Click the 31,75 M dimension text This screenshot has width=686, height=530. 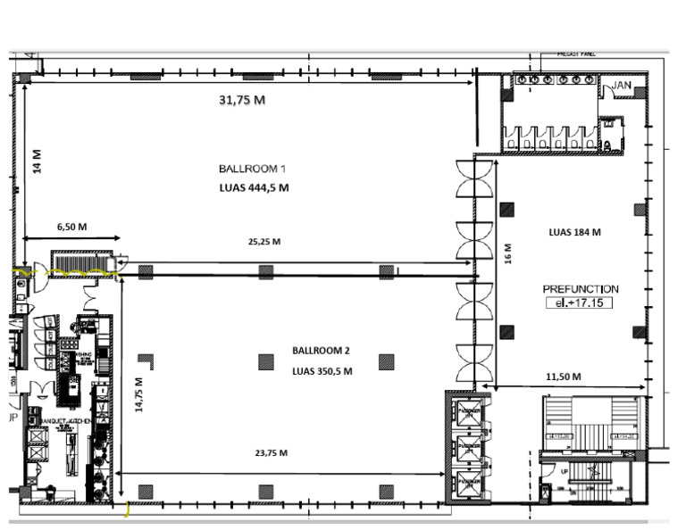[242, 100]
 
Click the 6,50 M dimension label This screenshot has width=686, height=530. [71, 227]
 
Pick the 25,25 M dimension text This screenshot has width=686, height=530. [264, 241]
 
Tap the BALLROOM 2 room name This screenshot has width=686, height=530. [318, 351]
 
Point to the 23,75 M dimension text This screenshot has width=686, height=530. [271, 453]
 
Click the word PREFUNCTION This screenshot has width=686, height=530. [581, 289]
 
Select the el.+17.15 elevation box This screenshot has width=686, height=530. [580, 303]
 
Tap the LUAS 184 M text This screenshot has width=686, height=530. [574, 232]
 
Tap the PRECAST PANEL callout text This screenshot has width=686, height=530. [576, 54]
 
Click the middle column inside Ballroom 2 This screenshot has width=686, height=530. [265, 361]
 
